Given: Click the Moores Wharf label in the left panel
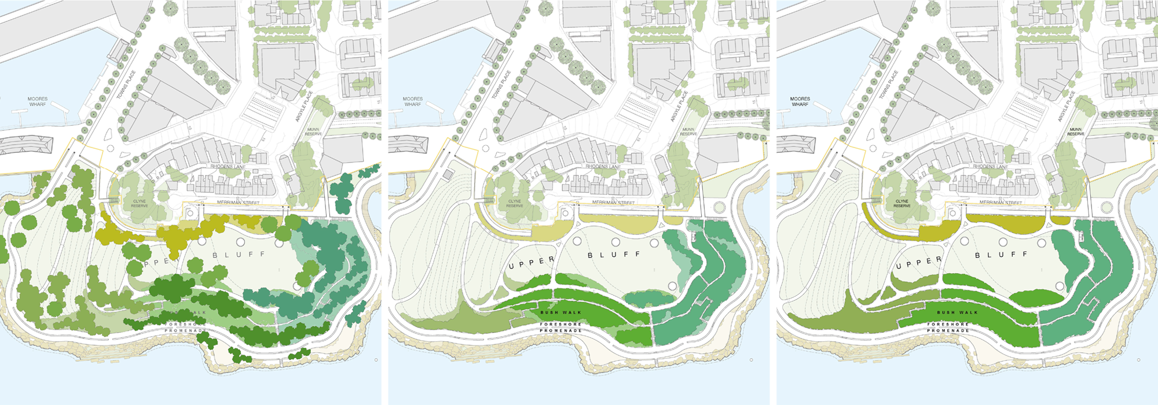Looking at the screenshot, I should (38, 102).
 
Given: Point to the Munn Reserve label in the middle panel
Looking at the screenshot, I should (688, 132).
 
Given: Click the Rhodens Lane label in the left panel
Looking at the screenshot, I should (228, 167).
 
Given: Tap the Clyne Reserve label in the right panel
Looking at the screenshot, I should (902, 204).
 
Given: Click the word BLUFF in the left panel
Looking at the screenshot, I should (239, 255).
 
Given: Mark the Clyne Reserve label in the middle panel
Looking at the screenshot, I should (515, 204).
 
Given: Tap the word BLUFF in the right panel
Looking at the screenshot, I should (1002, 255).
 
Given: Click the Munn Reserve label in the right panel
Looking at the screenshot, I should (1076, 132).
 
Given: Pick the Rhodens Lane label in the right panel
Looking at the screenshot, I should (991, 167).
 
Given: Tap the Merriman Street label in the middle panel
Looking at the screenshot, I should (613, 203).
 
